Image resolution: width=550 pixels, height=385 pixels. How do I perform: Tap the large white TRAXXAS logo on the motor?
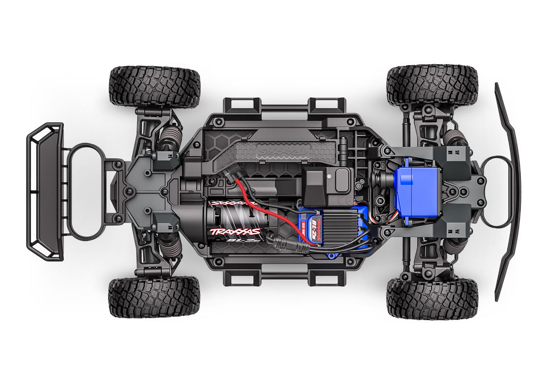point(235,232)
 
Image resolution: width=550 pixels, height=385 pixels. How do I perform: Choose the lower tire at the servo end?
point(432,298)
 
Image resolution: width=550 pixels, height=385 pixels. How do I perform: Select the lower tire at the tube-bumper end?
point(154,297)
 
